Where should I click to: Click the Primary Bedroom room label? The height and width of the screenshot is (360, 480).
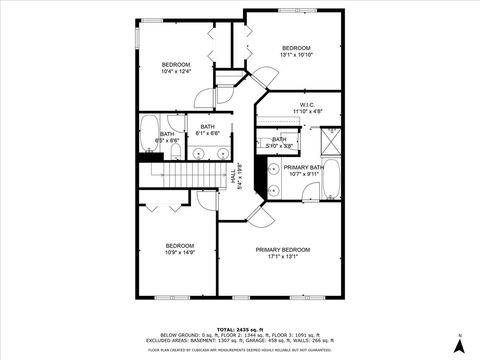click(282, 249)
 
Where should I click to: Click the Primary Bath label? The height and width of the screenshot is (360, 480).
click(302, 167)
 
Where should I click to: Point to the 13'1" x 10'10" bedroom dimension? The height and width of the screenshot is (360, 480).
click(296, 56)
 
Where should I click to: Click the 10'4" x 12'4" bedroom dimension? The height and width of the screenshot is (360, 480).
click(176, 72)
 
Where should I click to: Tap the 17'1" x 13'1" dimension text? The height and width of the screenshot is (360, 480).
click(282, 257)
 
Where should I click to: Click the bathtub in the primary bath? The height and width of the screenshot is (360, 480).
click(334, 181)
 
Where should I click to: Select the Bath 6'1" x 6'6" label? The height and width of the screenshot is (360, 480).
click(207, 130)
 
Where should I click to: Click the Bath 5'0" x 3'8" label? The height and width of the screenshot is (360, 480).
click(279, 143)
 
